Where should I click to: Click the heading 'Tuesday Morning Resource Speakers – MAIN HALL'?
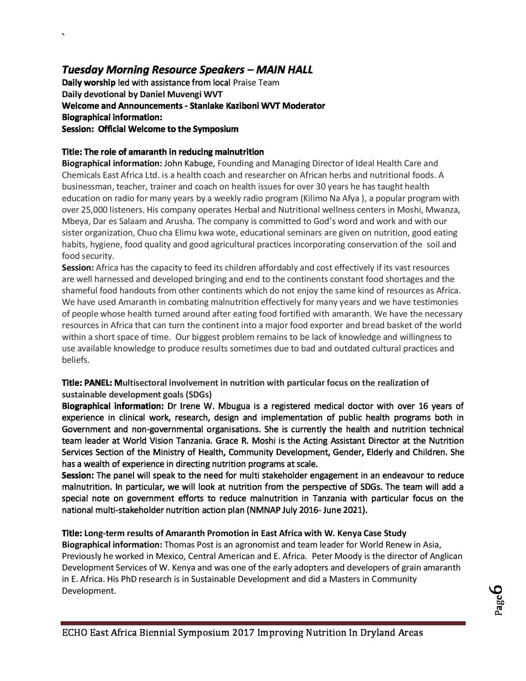(187, 70)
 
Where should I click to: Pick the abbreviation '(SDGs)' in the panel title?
(187, 395)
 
